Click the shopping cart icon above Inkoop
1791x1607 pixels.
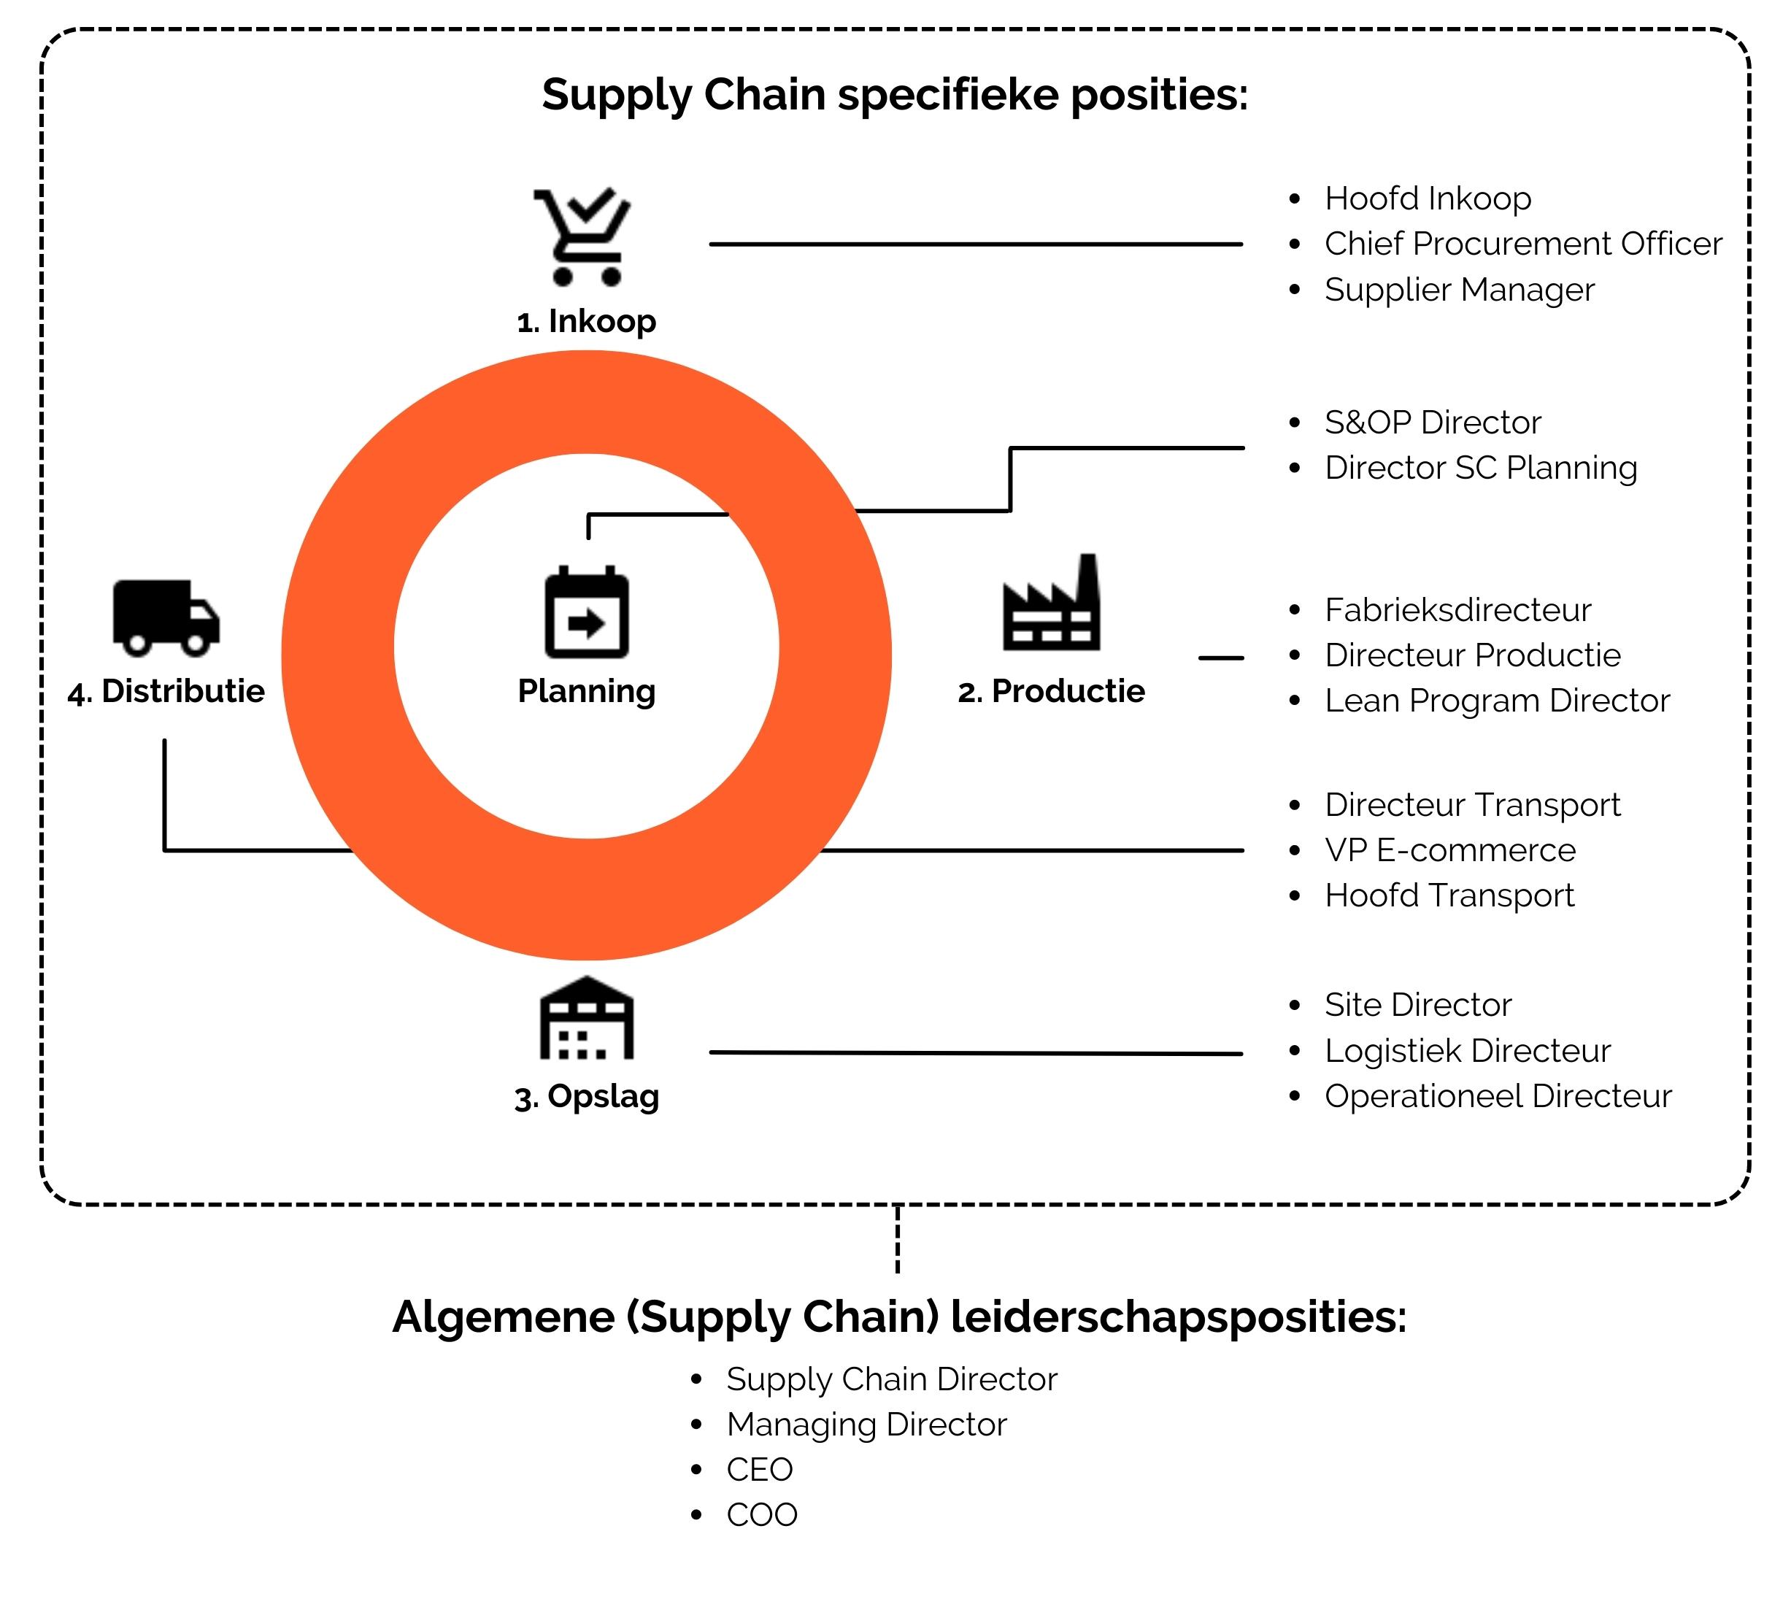pos(582,236)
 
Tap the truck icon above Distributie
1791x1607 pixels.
pos(166,618)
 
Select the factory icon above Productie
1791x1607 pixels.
pos(1051,602)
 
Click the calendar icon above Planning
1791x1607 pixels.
pos(586,612)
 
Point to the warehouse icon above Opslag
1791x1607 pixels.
pos(586,1017)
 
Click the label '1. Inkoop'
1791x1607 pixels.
pos(586,321)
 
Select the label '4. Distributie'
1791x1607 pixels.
pos(166,691)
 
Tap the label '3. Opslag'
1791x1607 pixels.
pos(586,1098)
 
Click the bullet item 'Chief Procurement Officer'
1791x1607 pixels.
pos(1523,244)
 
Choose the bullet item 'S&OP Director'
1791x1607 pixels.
pos(1433,422)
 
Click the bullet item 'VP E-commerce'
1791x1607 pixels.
pos(1450,850)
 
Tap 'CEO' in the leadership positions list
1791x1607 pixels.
pos(760,1470)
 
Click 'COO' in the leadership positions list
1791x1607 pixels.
pos(762,1515)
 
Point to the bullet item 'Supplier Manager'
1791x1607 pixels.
pos(1460,290)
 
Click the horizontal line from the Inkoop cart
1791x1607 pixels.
pos(976,244)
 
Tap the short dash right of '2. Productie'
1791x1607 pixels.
pos(1222,658)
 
